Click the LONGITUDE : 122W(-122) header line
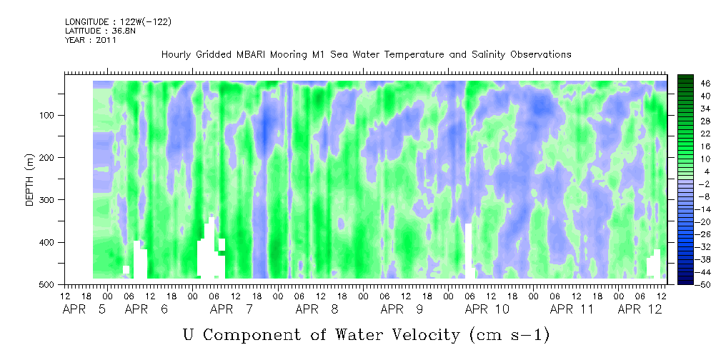(x=118, y=21)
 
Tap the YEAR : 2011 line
(x=91, y=40)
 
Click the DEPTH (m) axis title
(x=29, y=179)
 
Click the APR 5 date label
(x=84, y=309)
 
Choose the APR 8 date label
(x=317, y=309)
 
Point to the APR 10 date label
(x=487, y=309)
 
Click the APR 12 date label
(x=640, y=309)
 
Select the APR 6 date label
(x=146, y=309)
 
